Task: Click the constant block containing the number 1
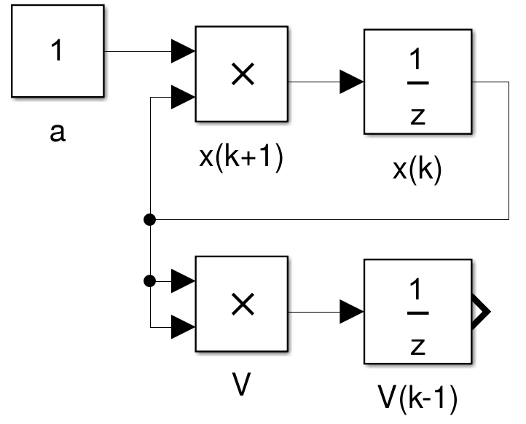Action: tap(57, 53)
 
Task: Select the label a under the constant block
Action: tap(58, 134)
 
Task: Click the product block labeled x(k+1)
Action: tap(242, 74)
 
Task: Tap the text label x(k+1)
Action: tap(242, 157)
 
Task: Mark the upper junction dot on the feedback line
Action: tap(149, 218)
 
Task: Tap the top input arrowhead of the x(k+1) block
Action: tap(182, 52)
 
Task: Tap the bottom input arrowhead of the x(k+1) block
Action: tap(182, 95)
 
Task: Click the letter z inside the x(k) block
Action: tap(417, 116)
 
